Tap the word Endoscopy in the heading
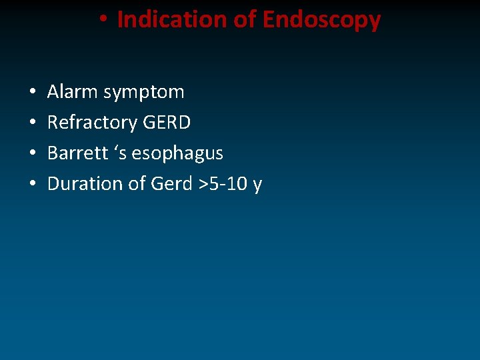pyautogui.click(x=321, y=21)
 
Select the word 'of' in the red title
pyautogui.click(x=245, y=20)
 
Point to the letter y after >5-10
pyautogui.click(x=257, y=185)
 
